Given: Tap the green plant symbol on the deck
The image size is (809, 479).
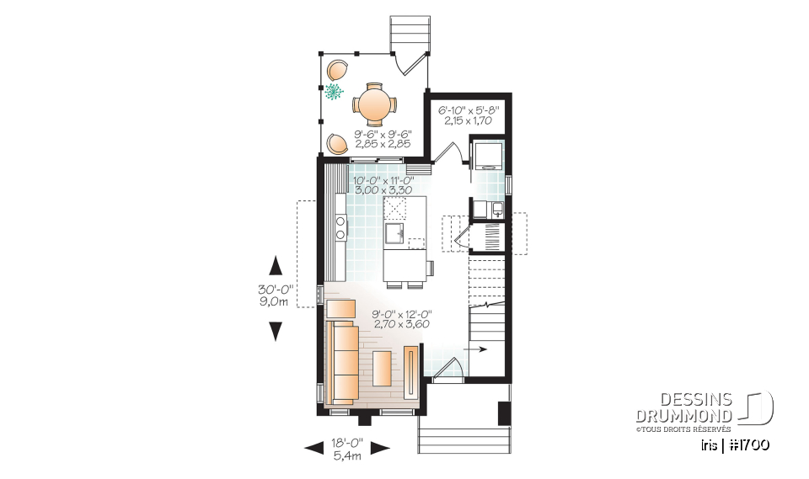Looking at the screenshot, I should (x=335, y=92).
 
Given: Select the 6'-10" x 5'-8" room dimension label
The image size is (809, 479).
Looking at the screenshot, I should (x=469, y=115).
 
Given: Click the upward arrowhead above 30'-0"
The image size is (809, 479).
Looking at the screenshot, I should (x=275, y=266).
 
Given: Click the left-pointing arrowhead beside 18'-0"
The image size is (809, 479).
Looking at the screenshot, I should (x=313, y=448).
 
